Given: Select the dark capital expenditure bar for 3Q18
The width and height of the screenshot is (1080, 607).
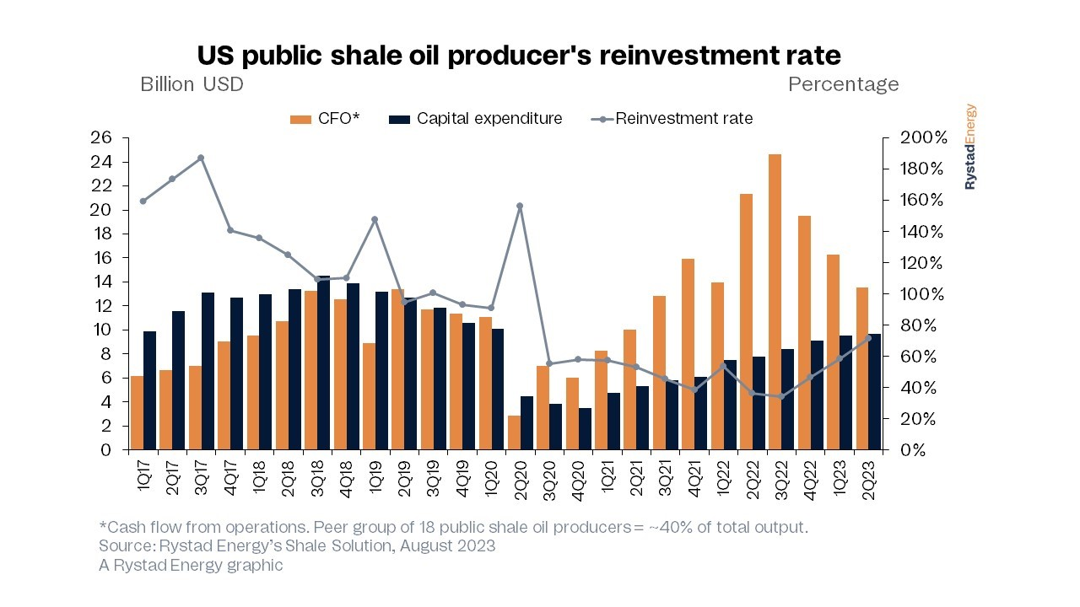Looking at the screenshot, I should click(x=323, y=363).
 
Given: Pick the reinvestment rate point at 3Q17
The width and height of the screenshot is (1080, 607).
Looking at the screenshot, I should click(x=201, y=158).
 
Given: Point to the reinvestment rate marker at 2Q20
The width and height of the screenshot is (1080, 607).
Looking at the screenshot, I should click(x=520, y=206).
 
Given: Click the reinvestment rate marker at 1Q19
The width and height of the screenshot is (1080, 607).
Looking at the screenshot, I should click(x=375, y=219).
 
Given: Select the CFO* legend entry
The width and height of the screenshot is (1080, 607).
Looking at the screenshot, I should click(x=325, y=119).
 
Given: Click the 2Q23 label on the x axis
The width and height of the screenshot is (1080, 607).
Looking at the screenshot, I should click(x=868, y=480).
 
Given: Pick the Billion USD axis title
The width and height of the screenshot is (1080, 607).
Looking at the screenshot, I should click(x=192, y=84).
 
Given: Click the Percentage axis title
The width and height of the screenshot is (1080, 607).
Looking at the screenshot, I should click(x=843, y=84).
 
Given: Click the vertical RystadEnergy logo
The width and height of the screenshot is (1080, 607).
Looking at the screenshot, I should click(x=970, y=147).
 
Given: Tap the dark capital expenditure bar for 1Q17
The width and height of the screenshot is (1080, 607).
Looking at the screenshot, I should click(x=149, y=390).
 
